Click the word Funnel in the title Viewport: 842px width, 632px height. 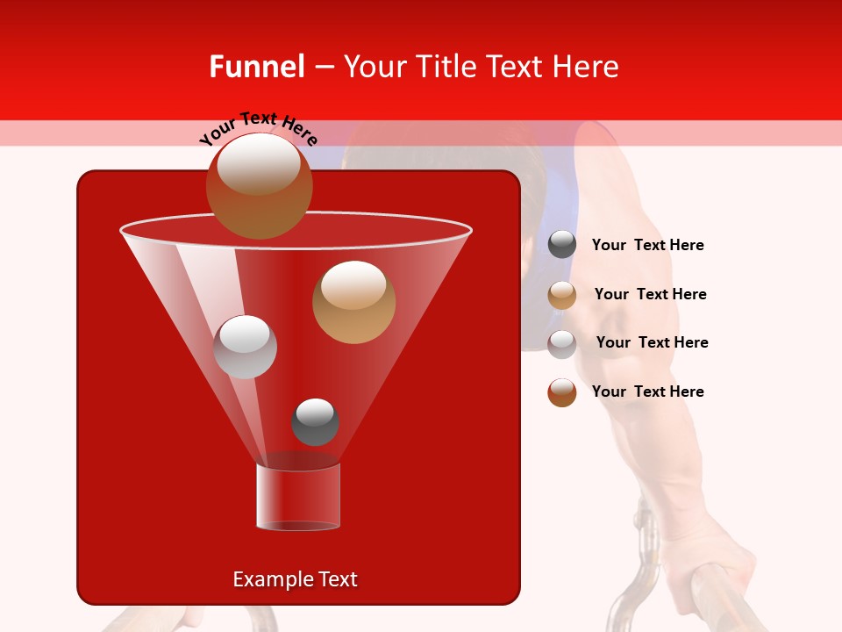coord(256,67)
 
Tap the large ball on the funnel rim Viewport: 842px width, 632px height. coord(259,185)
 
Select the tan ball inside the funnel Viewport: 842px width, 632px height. coord(353,301)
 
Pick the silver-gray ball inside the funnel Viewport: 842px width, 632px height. coord(245,347)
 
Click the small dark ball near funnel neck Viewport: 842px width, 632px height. coord(315,421)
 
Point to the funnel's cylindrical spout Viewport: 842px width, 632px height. coord(298,497)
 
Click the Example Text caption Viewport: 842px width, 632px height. coord(295,579)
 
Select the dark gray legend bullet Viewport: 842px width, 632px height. coord(562,245)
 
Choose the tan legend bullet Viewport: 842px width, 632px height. coord(562,294)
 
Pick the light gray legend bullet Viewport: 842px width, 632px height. coord(562,343)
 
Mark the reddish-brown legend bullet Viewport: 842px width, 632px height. coord(562,392)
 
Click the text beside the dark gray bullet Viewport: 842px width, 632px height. coord(647,245)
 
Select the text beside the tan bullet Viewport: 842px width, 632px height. coord(650,294)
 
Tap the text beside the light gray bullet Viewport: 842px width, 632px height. coord(652,342)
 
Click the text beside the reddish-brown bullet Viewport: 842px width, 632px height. coord(647,391)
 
